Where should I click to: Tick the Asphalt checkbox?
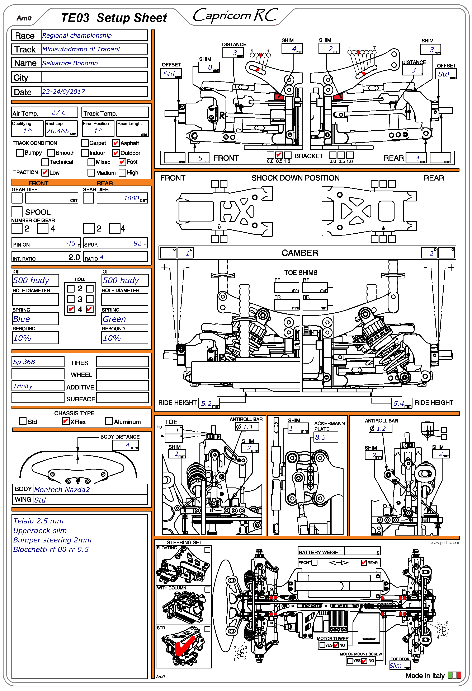[116, 143]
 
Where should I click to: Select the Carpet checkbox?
[85, 143]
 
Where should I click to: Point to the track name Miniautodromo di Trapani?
[81, 49]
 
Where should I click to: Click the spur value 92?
[137, 243]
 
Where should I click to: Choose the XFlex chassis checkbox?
[66, 421]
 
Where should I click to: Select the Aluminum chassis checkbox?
[109, 421]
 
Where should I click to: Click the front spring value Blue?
[22, 319]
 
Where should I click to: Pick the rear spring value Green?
[114, 319]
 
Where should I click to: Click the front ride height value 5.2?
[206, 403]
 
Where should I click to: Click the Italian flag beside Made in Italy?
[454, 676]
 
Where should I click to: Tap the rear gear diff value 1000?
[131, 198]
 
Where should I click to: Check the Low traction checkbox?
[45, 172]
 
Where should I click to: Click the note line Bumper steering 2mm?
[52, 540]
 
